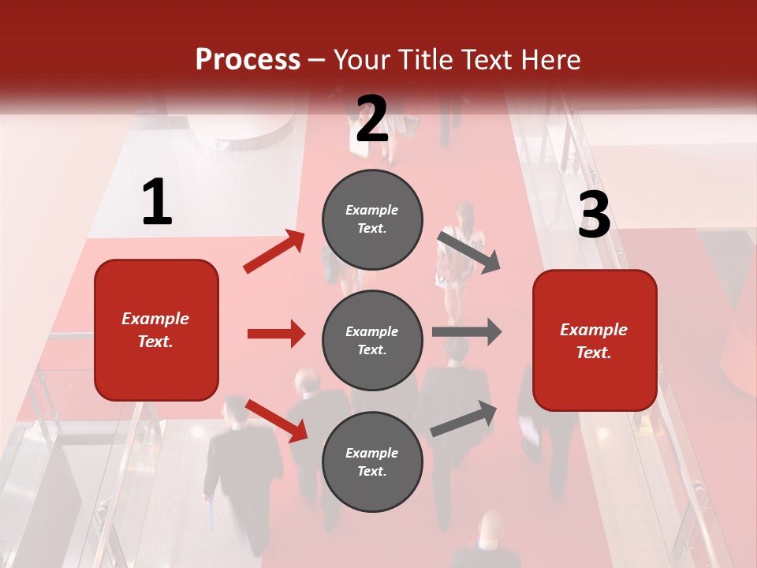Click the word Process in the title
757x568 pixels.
coord(248,59)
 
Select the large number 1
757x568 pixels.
coord(157,203)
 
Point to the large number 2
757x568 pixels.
coord(372,119)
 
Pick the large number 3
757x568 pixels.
coord(595,215)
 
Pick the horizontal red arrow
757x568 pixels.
coord(276,334)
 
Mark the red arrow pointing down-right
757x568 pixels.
coord(277,420)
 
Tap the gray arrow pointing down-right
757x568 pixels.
coord(469,252)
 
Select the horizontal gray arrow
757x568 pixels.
coord(466,331)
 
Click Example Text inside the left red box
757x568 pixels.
coord(156,330)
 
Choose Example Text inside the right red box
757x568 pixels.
coord(595,341)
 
